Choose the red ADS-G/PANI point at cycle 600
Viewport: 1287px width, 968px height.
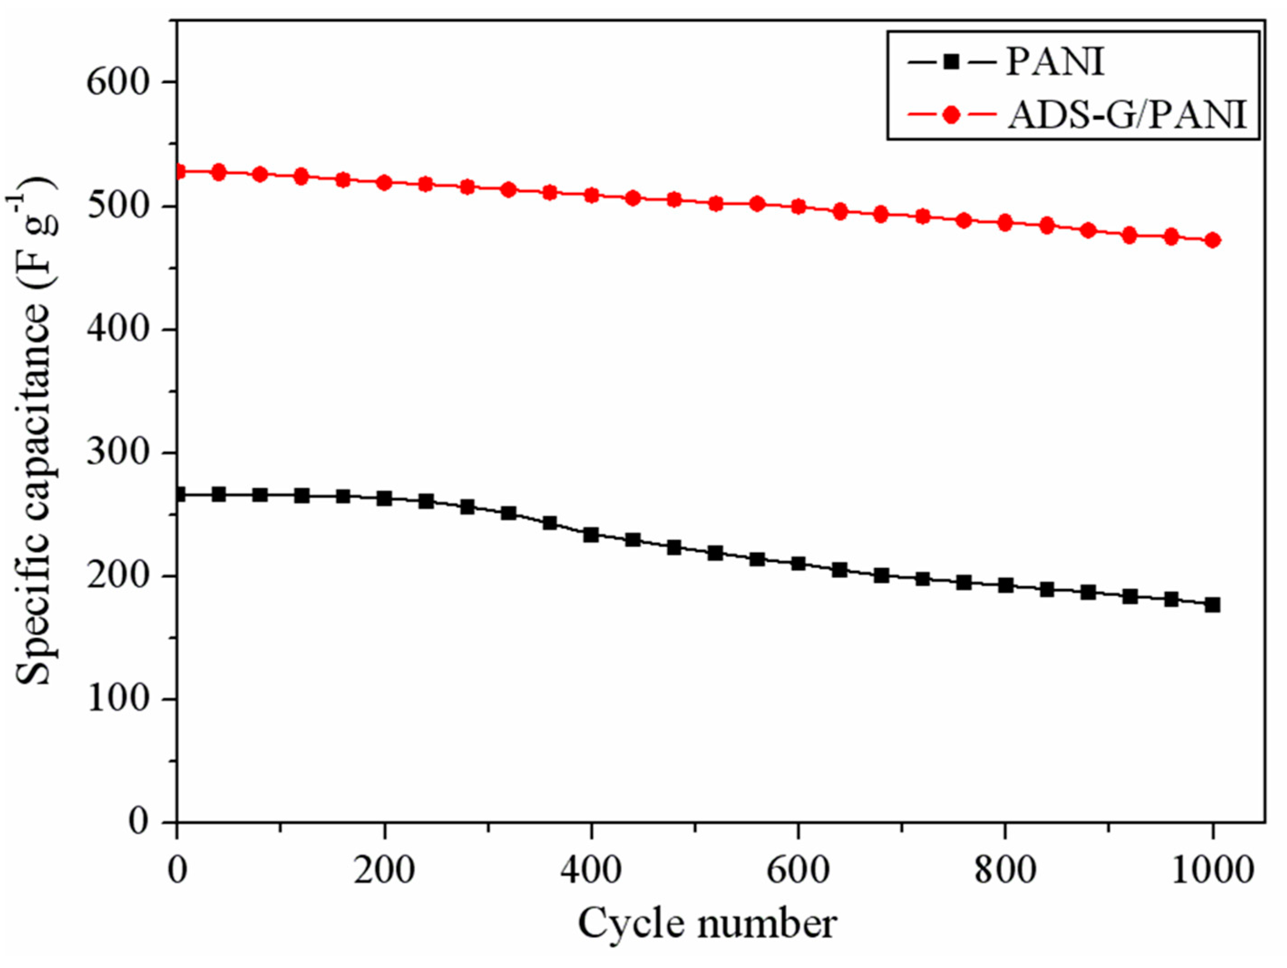coord(798,206)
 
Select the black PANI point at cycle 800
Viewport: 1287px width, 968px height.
coord(1005,585)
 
